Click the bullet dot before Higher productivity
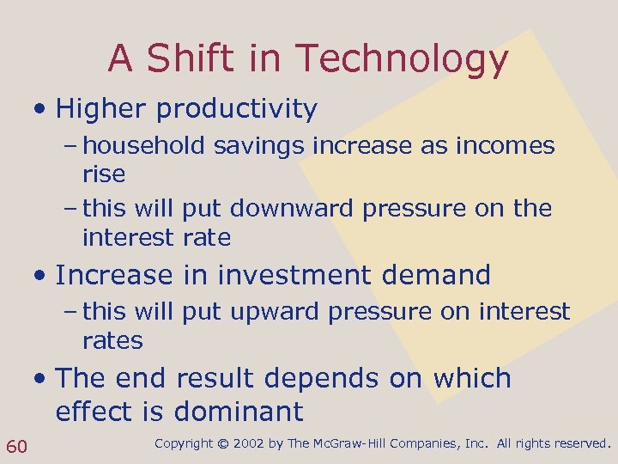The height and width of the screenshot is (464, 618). click(40, 110)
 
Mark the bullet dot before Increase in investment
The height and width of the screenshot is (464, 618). click(40, 276)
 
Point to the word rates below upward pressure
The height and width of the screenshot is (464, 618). click(112, 341)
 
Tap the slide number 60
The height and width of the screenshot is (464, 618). click(17, 445)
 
